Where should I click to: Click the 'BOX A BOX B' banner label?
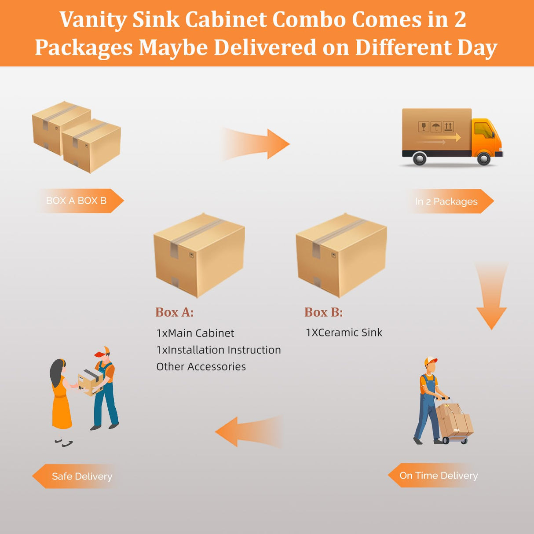77,201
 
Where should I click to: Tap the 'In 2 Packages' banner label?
446,201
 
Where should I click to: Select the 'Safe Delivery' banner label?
82,476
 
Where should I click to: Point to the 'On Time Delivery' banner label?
438,475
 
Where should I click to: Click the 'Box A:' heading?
174,312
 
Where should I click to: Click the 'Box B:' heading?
323,312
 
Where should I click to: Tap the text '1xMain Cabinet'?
195,333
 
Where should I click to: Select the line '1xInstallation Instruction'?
218,350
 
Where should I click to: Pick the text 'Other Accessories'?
201,366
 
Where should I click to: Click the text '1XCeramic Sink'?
344,333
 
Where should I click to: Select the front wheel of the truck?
483,158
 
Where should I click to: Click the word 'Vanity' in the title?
93,20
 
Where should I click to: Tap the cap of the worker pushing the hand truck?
430,361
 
